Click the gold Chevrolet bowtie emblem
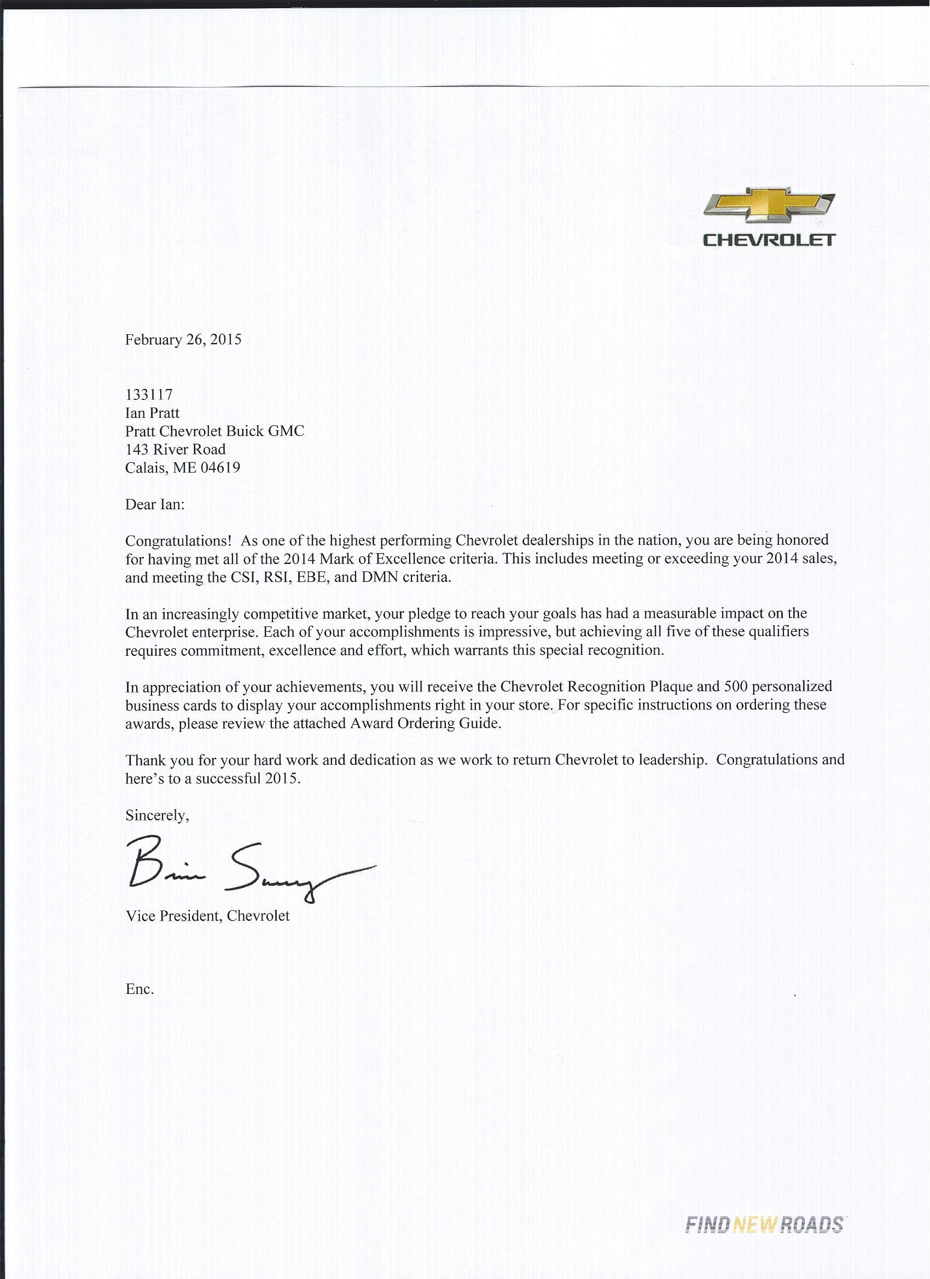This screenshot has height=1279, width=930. [769, 210]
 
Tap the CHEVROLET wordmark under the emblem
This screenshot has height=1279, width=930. [769, 240]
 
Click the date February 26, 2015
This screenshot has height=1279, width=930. [183, 340]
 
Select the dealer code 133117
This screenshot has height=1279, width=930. [149, 395]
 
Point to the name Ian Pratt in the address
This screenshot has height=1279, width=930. [152, 413]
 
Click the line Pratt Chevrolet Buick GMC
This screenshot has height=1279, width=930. [214, 432]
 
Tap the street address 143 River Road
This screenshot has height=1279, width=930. [176, 450]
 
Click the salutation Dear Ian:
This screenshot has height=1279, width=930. [154, 504]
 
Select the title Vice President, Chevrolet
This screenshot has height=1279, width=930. [207, 916]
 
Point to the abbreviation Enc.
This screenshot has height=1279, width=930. [139, 989]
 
